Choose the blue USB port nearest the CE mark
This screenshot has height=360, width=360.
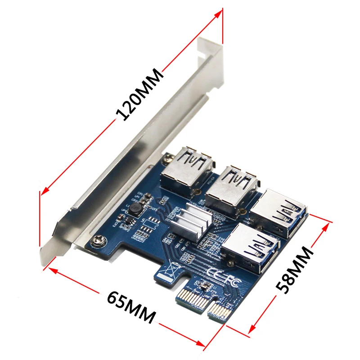pyautogui.click(x=245, y=246)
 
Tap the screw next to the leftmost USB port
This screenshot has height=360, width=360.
pyautogui.click(x=168, y=158)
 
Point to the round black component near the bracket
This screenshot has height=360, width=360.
pyautogui.click(x=134, y=208)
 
